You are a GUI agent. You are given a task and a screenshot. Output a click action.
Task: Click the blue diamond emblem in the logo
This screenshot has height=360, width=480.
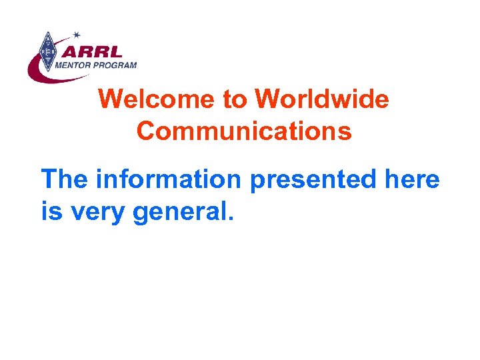[x=47, y=51]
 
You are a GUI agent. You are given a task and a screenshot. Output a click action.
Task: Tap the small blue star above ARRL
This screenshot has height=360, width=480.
[x=77, y=34]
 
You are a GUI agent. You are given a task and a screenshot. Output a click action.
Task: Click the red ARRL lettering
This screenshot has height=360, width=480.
[x=97, y=51]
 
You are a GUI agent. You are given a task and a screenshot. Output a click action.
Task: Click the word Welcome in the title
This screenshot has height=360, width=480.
[x=157, y=100]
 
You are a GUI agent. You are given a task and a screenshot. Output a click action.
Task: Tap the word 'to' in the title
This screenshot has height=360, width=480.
[x=234, y=100]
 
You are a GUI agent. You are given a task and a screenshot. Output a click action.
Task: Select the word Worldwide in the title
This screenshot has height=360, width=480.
[x=321, y=100]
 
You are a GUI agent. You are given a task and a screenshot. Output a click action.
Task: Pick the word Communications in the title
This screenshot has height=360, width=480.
[x=244, y=131]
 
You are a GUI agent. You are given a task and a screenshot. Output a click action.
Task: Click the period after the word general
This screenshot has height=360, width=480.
[x=231, y=219]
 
